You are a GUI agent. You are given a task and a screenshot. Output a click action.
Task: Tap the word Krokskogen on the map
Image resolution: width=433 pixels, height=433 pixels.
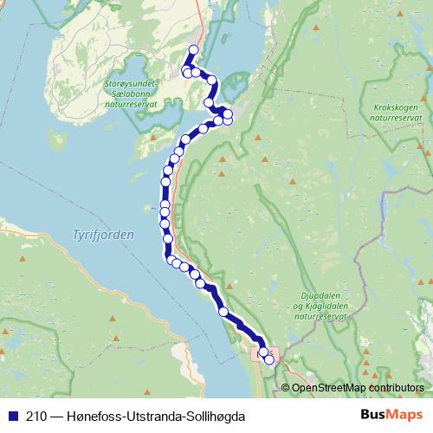396,107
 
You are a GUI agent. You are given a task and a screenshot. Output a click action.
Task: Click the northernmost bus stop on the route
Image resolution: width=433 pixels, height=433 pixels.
193,49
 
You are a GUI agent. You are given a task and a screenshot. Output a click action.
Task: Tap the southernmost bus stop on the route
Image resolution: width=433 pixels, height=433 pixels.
269,359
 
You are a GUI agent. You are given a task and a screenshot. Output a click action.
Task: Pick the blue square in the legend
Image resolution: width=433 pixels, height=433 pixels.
14,415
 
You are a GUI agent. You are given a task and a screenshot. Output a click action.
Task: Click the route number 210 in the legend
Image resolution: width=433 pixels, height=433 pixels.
37,415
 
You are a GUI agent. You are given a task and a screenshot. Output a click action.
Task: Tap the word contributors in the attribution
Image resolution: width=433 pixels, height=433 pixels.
395,388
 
